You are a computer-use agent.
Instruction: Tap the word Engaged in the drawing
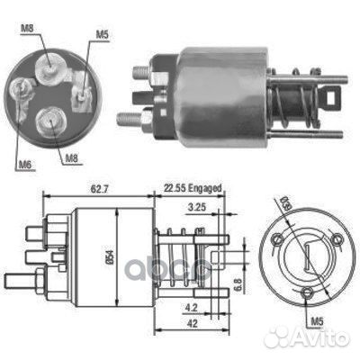(x=205, y=188)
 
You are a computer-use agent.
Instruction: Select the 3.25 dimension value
(x=196, y=207)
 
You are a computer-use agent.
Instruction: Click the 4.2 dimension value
(x=191, y=307)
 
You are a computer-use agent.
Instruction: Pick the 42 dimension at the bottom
(x=193, y=323)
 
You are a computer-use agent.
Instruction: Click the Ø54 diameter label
(x=110, y=257)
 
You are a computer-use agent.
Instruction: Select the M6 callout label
(x=25, y=164)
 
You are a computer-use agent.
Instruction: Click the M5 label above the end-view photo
(x=102, y=34)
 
